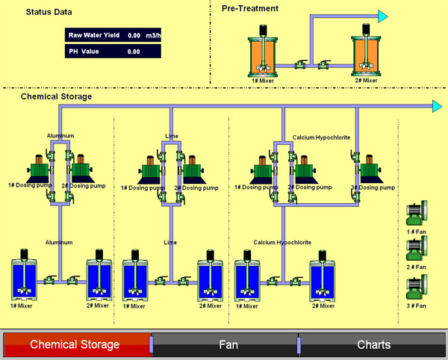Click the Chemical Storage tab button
[x=75, y=344]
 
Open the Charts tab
[x=374, y=345]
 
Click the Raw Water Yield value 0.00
[x=134, y=35]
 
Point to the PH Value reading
[x=134, y=52]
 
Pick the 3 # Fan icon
[x=415, y=287]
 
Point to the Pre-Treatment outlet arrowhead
[x=383, y=16]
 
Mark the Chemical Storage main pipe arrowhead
[x=438, y=107]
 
